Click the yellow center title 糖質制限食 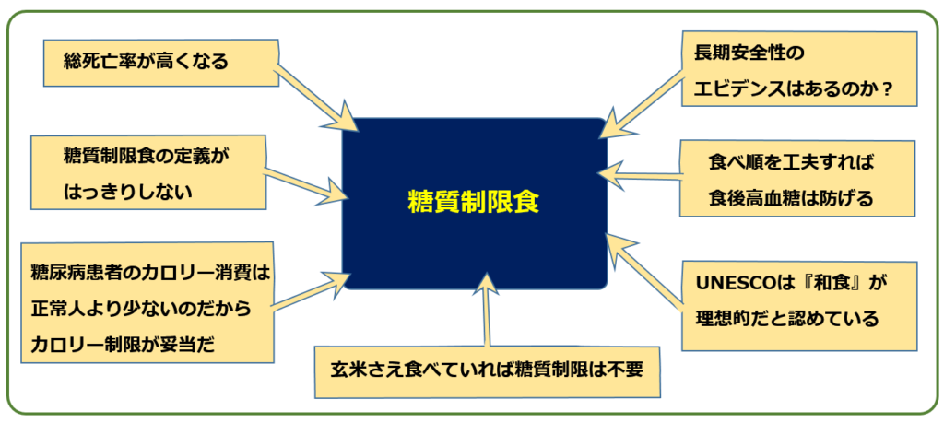click(474, 202)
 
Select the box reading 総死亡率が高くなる click(161, 64)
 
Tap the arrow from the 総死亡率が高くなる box click(315, 100)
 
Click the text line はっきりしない click(127, 192)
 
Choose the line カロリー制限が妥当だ click(123, 345)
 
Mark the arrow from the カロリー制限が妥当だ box click(310, 291)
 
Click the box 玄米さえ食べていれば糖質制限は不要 click(487, 371)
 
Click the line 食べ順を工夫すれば click(791, 162)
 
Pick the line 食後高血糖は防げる click(791, 198)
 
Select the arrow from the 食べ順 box click(640, 174)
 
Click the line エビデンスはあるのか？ click(794, 89)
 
